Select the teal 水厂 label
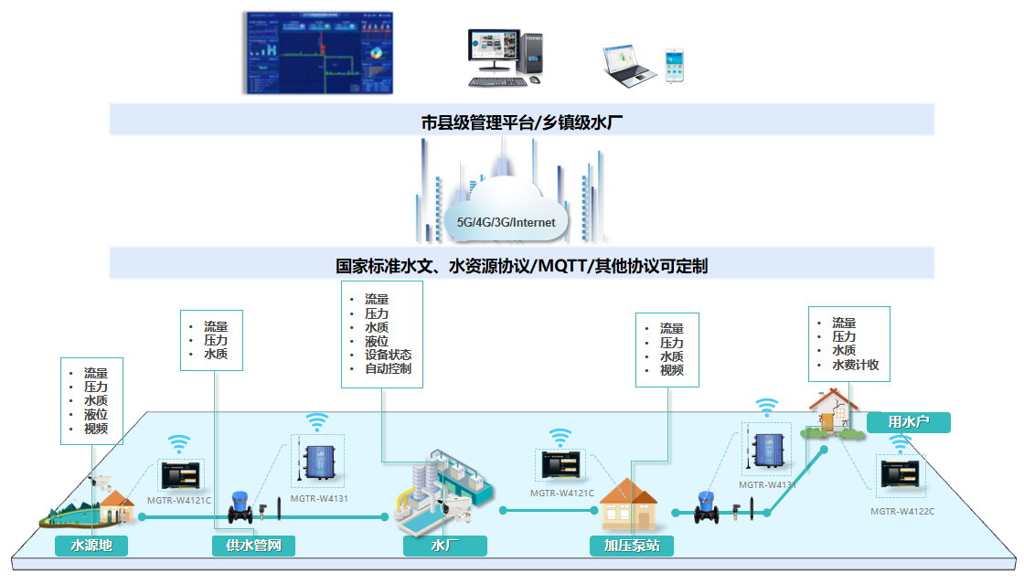(444, 546)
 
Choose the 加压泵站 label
(632, 546)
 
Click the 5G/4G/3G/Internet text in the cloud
(506, 222)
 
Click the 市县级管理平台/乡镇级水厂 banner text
(522, 120)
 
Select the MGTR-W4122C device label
(901, 512)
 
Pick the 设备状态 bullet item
(388, 355)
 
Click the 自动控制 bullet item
(388, 369)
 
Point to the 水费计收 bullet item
(855, 365)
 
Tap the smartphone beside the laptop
(674, 66)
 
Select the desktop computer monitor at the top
(493, 52)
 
